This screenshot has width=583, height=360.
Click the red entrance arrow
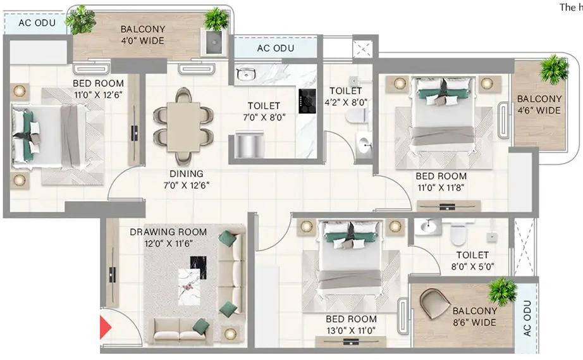click(x=105, y=327)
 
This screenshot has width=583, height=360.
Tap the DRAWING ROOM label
click(x=168, y=232)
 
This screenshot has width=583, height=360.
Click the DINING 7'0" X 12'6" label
click(x=187, y=179)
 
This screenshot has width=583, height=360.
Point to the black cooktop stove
click(x=307, y=101)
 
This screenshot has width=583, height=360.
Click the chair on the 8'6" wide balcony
click(x=436, y=302)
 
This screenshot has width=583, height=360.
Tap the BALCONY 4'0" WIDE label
click(x=143, y=35)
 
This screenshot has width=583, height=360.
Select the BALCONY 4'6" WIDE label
click(x=539, y=104)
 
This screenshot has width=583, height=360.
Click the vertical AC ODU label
click(x=527, y=318)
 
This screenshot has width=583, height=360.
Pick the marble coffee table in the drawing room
click(x=189, y=287)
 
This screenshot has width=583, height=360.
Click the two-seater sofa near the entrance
click(x=181, y=330)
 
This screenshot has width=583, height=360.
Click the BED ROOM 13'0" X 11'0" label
click(x=351, y=325)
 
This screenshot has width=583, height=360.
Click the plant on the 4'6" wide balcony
click(x=554, y=69)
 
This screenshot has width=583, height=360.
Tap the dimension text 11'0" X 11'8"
click(x=441, y=187)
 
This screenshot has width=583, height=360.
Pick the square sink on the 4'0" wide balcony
click(x=214, y=42)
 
